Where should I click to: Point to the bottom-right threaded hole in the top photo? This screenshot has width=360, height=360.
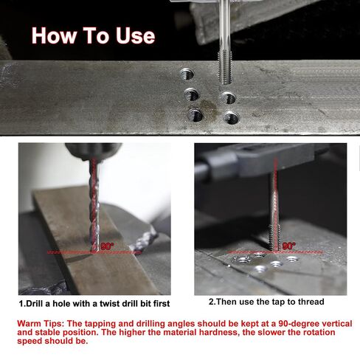(x=232, y=117)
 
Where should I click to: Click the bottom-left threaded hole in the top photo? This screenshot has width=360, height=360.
(x=195, y=114)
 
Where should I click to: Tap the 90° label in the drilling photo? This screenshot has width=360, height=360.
(x=108, y=246)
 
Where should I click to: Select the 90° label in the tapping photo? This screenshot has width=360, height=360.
(x=288, y=246)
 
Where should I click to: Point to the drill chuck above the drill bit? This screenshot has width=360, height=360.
(x=92, y=150)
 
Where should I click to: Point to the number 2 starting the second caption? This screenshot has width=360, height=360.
(x=211, y=301)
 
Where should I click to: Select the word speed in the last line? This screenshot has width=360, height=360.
(x=30, y=342)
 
